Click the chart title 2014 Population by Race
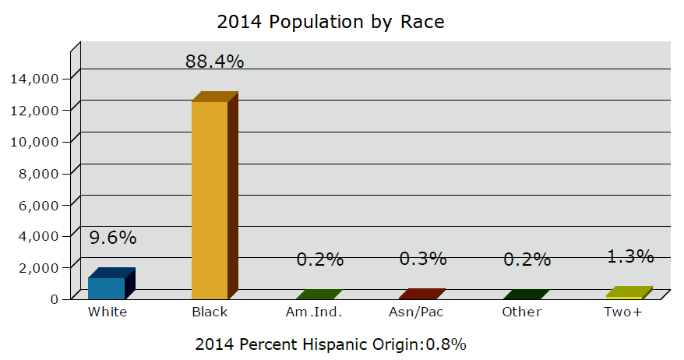pyautogui.click(x=330, y=22)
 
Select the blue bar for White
pyautogui.click(x=107, y=287)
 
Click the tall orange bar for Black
pyautogui.click(x=210, y=199)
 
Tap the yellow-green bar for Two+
pyautogui.click(x=625, y=294)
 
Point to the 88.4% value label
pyautogui.click(x=214, y=62)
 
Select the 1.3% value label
pyautogui.click(x=630, y=256)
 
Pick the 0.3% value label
pyautogui.click(x=423, y=258)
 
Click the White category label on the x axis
pyautogui.click(x=108, y=312)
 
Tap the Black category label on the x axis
pyautogui.click(x=210, y=312)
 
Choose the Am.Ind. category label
pyautogui.click(x=315, y=312)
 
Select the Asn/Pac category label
pyautogui.click(x=417, y=312)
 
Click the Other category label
pyautogui.click(x=522, y=312)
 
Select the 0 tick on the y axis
pyautogui.click(x=54, y=298)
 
